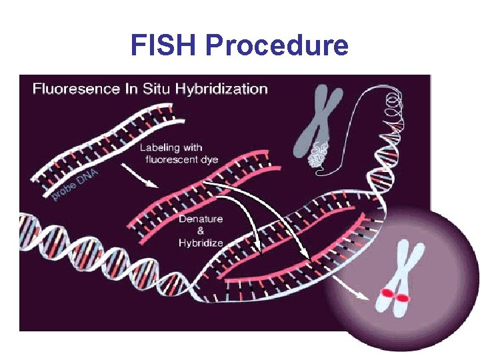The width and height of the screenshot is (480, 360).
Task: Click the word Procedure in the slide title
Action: click(277, 45)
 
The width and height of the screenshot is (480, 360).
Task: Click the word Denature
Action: click(201, 219)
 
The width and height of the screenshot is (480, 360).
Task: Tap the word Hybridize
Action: click(201, 243)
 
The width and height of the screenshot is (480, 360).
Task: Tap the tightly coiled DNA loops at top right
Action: click(393, 107)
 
